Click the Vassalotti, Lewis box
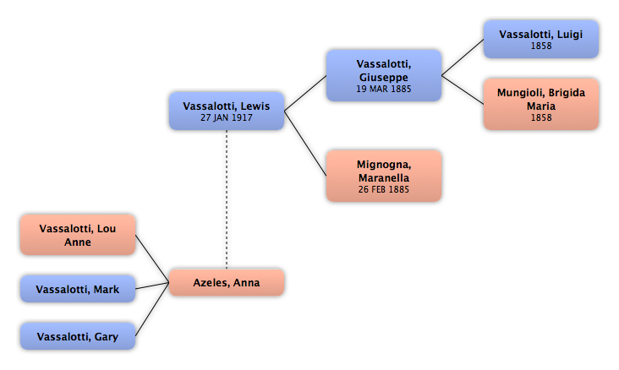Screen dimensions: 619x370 [x=227, y=112]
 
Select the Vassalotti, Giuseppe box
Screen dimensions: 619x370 [x=384, y=76]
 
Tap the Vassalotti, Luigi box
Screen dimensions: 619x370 [x=541, y=40]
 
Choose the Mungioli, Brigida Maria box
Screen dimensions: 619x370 [x=541, y=104]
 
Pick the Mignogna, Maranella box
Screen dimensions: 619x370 [x=384, y=176]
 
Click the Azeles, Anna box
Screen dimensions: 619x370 [x=227, y=282]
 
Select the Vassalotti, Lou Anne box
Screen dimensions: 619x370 [x=78, y=235]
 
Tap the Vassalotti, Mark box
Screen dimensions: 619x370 [x=78, y=289]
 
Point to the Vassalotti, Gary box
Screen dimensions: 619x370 [x=78, y=336]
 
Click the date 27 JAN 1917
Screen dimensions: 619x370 [x=226, y=117]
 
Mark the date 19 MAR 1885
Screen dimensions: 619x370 [x=384, y=90]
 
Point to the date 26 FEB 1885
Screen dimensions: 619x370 [x=384, y=190]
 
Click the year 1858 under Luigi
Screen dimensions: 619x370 [x=541, y=46]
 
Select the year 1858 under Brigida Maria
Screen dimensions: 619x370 [x=541, y=117]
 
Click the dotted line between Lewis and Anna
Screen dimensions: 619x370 [x=227, y=199]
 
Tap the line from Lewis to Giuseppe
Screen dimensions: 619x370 [x=305, y=94]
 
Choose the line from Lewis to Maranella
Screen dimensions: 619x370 [x=305, y=144]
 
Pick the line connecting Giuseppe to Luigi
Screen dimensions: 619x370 [x=463, y=57]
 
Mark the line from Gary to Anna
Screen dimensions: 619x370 [x=152, y=310]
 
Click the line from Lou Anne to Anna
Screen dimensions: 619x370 [x=152, y=258]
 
